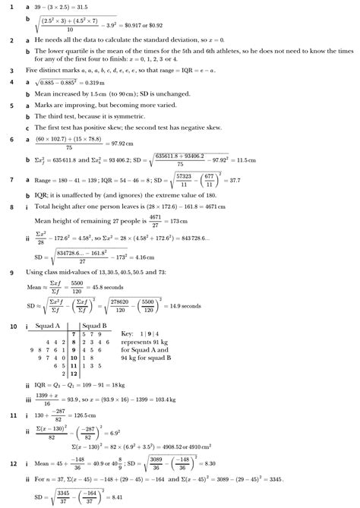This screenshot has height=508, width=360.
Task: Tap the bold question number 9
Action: (x=11, y=272)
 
